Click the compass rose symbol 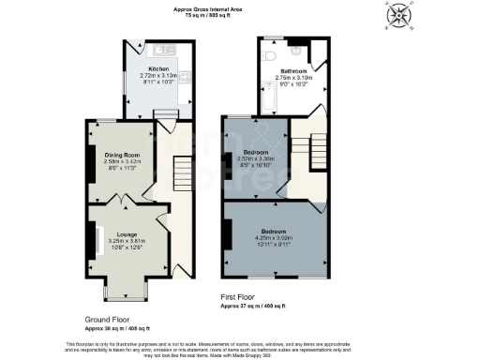point(400,16)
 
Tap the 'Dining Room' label point(121,154)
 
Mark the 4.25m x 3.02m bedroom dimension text point(274,238)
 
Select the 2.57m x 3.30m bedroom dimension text point(257,158)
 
